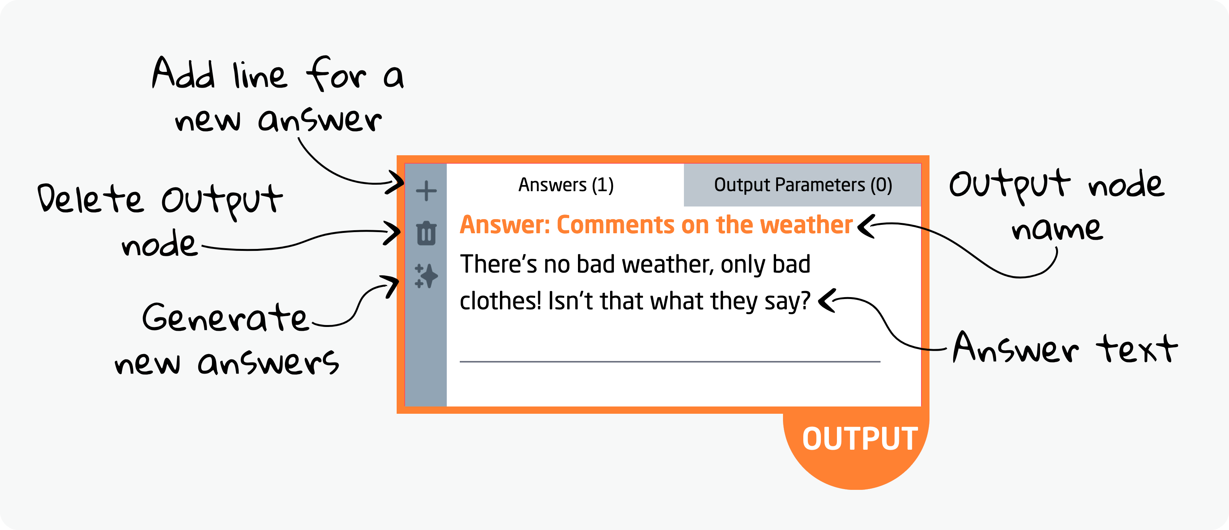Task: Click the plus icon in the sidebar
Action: [x=426, y=191]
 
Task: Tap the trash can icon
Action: [x=426, y=233]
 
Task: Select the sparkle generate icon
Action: [x=426, y=276]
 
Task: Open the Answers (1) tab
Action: [x=566, y=185]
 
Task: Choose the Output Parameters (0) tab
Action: [x=803, y=185]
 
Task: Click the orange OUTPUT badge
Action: [x=859, y=439]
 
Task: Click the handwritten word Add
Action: [x=183, y=74]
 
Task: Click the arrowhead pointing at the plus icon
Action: [x=396, y=182]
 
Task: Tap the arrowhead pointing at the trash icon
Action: [x=394, y=233]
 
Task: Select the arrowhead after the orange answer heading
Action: [x=864, y=226]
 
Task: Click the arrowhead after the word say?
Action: [x=826, y=301]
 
